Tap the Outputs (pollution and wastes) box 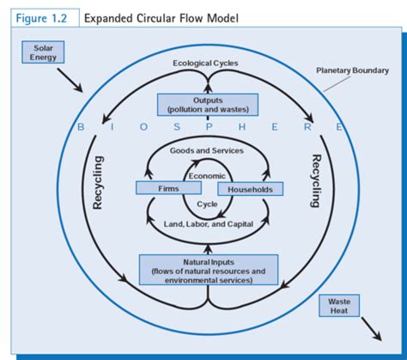click(207, 105)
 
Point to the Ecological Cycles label click(205, 64)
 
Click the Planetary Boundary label click(351, 70)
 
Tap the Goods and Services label click(206, 150)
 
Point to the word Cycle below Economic click(207, 204)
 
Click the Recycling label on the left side click(98, 183)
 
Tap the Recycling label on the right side click(315, 181)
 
